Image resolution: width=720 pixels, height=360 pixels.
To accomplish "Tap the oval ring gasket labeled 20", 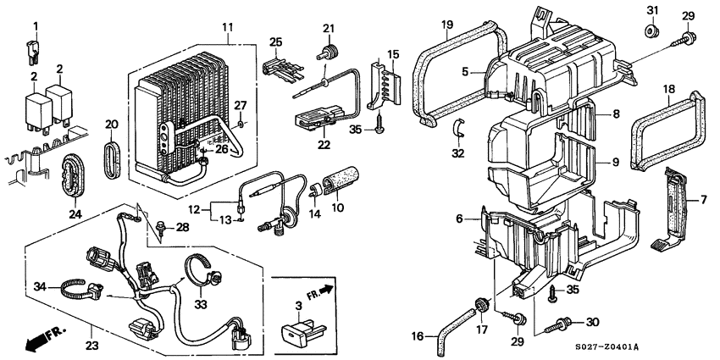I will [x=112, y=160].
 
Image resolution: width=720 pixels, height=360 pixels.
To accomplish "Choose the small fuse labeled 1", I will [x=36, y=56].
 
